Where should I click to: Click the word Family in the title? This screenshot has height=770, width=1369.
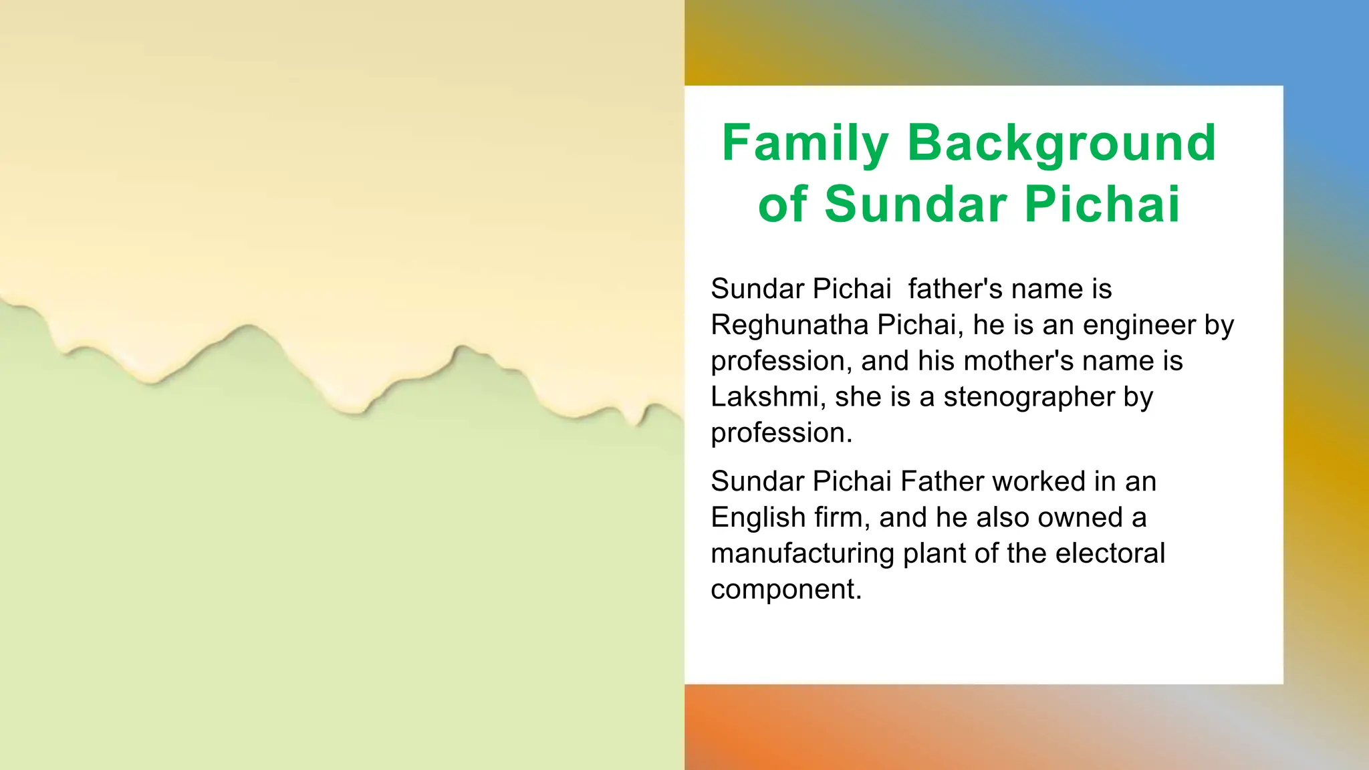click(x=805, y=143)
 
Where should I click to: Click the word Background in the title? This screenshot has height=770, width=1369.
click(x=1061, y=143)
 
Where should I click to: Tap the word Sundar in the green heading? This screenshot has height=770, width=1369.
click(x=916, y=205)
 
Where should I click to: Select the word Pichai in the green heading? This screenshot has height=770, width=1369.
click(x=1102, y=205)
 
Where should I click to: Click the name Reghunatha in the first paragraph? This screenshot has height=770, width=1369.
click(x=789, y=326)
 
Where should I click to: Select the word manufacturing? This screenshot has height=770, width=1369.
click(x=802, y=554)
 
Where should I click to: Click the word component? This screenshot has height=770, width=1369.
click(x=785, y=590)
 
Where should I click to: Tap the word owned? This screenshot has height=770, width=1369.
click(x=1072, y=517)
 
